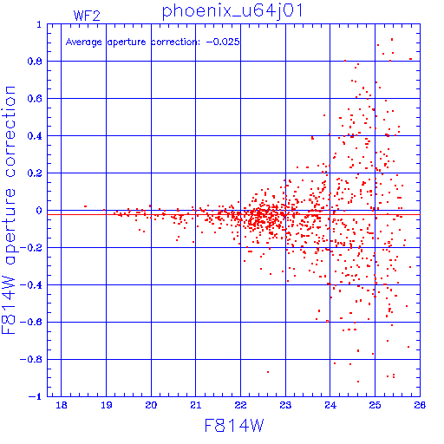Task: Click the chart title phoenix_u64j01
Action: coord(232,11)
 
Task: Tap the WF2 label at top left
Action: coord(87,16)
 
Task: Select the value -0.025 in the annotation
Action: coord(223,42)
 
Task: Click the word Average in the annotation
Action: coord(84,42)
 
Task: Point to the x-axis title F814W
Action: coord(234,426)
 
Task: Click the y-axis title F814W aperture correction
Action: coord(9,210)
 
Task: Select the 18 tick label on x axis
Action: coord(62,405)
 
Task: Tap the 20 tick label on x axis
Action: coord(151,405)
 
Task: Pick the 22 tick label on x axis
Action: coord(240,405)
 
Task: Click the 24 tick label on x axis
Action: coord(330,405)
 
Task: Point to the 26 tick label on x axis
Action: coord(420,405)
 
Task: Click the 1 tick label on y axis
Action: coord(39,24)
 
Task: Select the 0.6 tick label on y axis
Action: coord(35,99)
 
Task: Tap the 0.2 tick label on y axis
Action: coord(35,173)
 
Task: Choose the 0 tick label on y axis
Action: coord(39,211)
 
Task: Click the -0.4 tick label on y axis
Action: coord(31,285)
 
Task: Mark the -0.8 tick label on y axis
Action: coord(31,360)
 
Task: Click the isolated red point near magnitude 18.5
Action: coord(85,206)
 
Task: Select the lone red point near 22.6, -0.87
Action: coord(268,372)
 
